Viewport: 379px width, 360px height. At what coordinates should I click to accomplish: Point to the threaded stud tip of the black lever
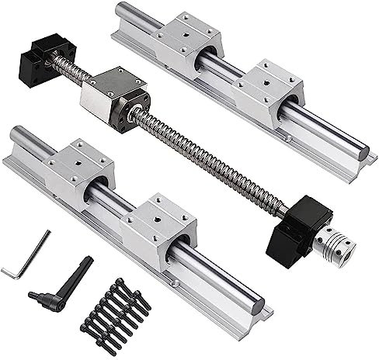pyautogui.click(x=32, y=296)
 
